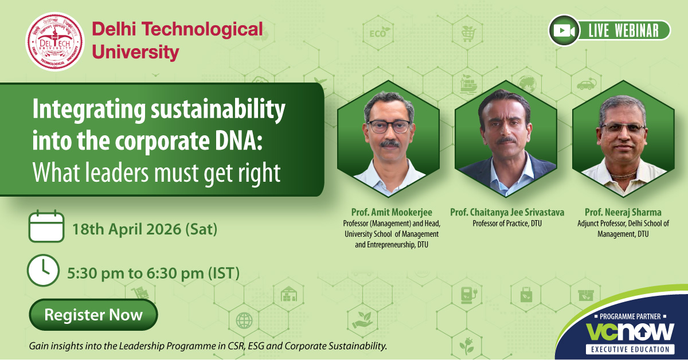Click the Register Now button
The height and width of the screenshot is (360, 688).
[93, 315]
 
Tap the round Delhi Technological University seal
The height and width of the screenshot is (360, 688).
[55, 42]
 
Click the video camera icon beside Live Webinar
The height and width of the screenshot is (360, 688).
[564, 31]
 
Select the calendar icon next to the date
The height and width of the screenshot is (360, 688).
[46, 226]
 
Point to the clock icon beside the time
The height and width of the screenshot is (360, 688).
[43, 271]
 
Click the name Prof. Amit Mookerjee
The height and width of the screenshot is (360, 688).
[392, 212]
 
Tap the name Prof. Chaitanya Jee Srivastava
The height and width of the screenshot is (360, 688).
[507, 212]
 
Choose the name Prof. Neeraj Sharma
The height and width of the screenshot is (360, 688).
[623, 212]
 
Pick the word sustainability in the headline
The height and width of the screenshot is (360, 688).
[218, 111]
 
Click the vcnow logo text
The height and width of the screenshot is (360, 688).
[630, 332]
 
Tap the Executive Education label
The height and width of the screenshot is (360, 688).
[630, 349]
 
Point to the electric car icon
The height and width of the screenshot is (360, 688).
[586, 84]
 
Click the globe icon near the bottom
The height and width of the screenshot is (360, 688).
[244, 320]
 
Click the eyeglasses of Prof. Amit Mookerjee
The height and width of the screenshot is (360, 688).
[389, 126]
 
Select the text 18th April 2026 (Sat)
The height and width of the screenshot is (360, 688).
[144, 229]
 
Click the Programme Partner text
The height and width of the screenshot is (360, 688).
[630, 316]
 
